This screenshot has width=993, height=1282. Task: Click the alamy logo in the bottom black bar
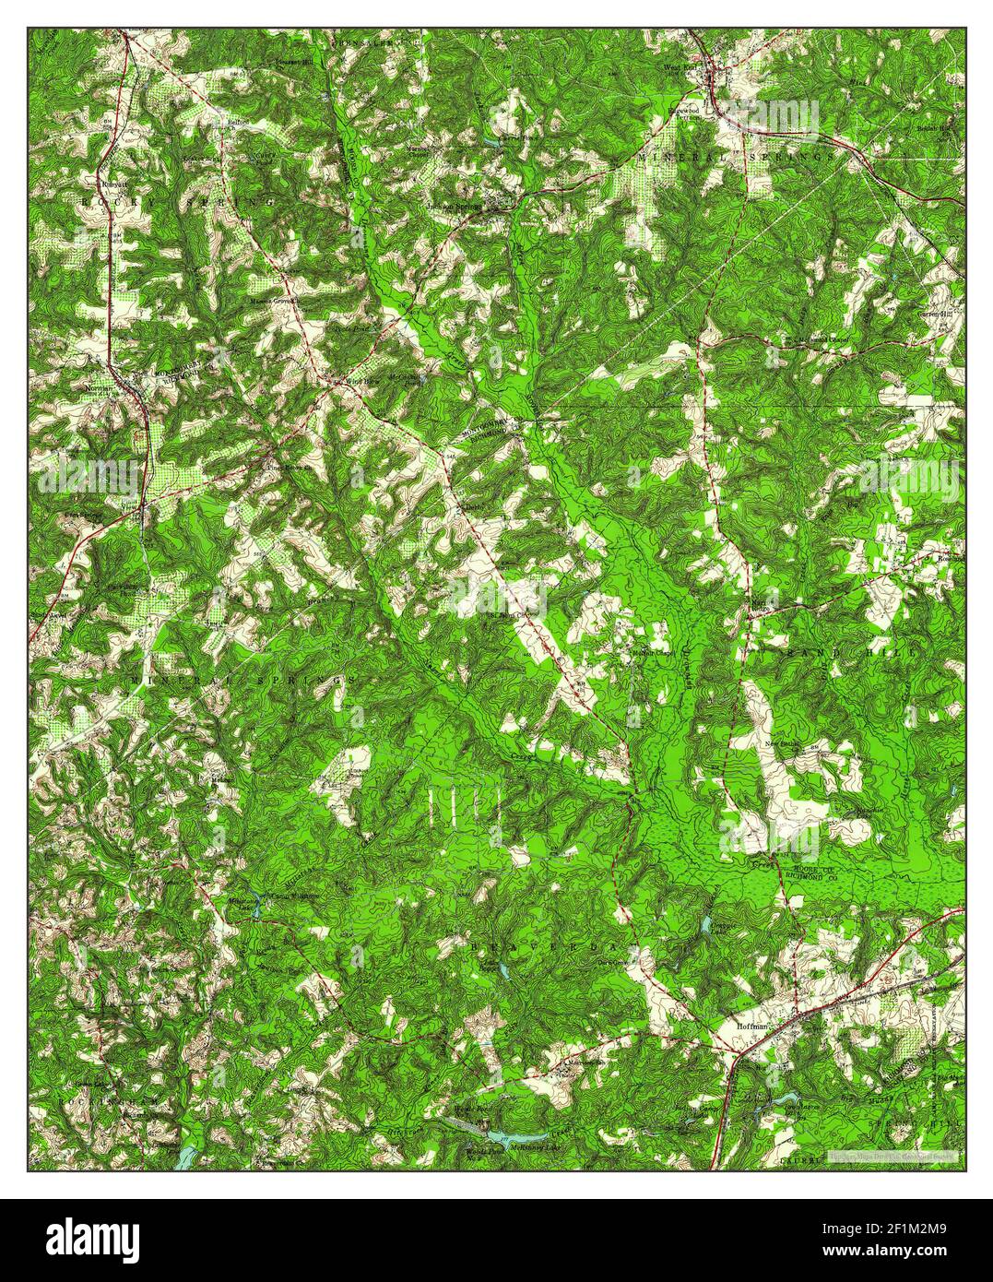point(92,1235)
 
